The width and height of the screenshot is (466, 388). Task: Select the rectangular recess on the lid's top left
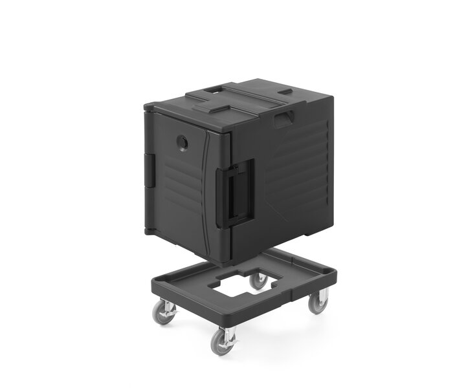(215, 95)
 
